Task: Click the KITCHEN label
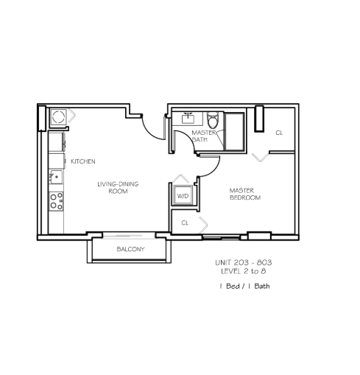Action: (x=83, y=161)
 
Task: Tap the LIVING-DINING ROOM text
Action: (x=118, y=187)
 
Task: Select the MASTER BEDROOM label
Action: (x=245, y=194)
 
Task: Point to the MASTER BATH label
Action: (x=204, y=136)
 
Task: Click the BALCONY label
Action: (x=130, y=249)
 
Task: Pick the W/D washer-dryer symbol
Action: (x=183, y=195)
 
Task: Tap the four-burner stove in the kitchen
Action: (x=56, y=201)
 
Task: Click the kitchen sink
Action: (x=56, y=177)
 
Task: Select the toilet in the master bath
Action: (x=213, y=119)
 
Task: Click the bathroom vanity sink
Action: (x=188, y=119)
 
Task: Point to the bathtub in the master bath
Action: (x=234, y=132)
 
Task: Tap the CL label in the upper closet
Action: (x=279, y=133)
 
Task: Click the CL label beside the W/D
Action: (x=185, y=222)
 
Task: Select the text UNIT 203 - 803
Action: (x=244, y=262)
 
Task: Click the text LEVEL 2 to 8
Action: (x=244, y=271)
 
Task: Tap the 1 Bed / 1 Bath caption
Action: (x=244, y=286)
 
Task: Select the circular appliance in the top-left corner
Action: (x=59, y=116)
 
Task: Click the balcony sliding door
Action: (x=129, y=236)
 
